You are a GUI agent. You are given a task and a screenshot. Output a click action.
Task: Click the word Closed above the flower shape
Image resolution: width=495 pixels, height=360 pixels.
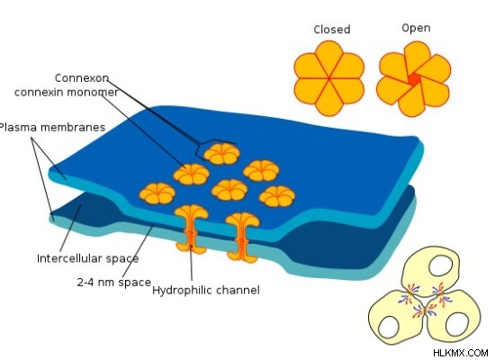(332, 30)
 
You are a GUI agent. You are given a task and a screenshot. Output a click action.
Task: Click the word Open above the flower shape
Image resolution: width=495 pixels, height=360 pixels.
(416, 28)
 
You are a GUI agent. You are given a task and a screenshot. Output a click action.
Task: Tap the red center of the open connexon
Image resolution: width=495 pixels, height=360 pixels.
(415, 79)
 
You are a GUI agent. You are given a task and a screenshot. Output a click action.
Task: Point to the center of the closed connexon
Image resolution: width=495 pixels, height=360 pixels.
(328, 78)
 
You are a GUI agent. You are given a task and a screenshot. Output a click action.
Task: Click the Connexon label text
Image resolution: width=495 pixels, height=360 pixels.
(82, 78)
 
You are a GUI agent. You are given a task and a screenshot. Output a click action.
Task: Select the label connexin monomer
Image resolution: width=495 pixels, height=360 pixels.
(67, 92)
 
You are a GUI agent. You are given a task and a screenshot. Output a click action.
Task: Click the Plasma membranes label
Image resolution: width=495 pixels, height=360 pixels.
(52, 127)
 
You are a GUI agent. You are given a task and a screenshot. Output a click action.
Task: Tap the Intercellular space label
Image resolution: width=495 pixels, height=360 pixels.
(88, 258)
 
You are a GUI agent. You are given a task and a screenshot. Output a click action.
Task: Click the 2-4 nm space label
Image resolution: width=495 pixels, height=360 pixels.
(114, 282)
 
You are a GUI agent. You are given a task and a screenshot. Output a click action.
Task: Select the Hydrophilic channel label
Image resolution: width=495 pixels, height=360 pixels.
(206, 290)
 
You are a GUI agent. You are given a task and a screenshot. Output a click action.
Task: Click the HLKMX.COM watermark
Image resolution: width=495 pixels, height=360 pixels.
(461, 353)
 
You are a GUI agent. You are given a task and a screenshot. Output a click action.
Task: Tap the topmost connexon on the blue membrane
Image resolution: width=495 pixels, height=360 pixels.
(221, 154)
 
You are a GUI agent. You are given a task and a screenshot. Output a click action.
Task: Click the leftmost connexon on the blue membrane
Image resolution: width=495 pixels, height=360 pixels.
(157, 193)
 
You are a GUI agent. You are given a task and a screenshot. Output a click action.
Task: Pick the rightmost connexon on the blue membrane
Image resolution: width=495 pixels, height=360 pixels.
(277, 196)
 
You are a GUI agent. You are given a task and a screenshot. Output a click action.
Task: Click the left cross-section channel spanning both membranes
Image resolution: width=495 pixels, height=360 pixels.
(191, 229)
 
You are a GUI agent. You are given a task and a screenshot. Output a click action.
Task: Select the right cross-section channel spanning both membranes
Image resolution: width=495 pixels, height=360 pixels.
(242, 238)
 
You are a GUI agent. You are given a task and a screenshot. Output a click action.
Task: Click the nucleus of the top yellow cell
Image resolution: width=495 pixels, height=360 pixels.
(441, 265)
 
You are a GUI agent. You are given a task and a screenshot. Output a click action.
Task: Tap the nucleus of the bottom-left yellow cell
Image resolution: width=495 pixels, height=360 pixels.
(390, 328)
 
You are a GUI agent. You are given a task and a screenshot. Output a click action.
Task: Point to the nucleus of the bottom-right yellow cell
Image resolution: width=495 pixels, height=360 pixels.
(457, 324)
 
